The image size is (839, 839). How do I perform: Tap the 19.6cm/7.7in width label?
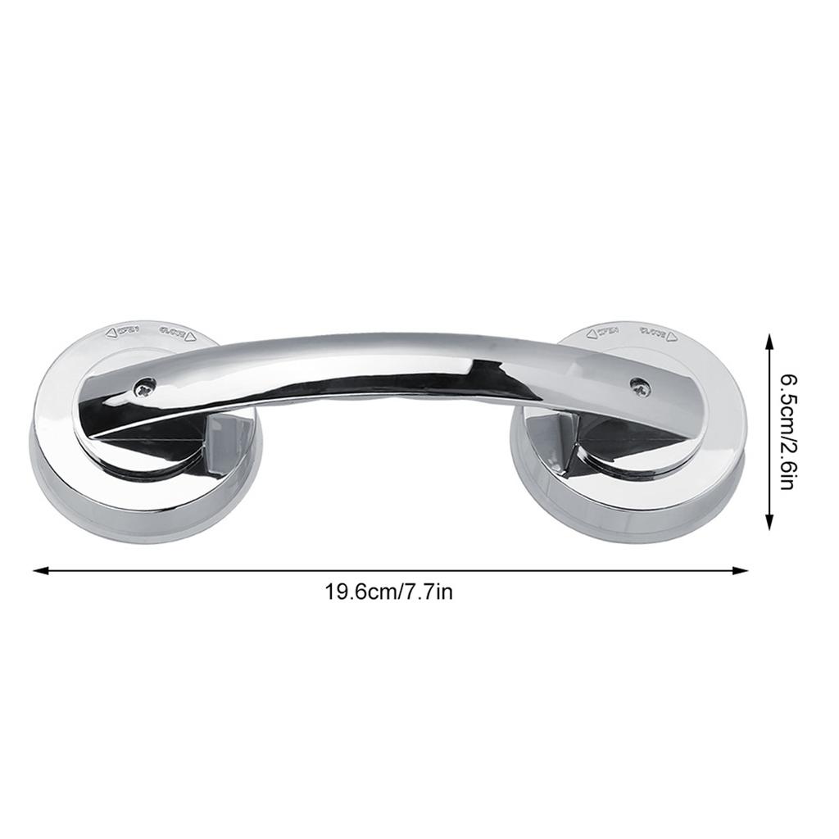coord(389,592)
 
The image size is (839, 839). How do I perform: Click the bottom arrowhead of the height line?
coord(769,525)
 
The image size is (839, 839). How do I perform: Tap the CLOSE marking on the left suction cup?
coord(175,333)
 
